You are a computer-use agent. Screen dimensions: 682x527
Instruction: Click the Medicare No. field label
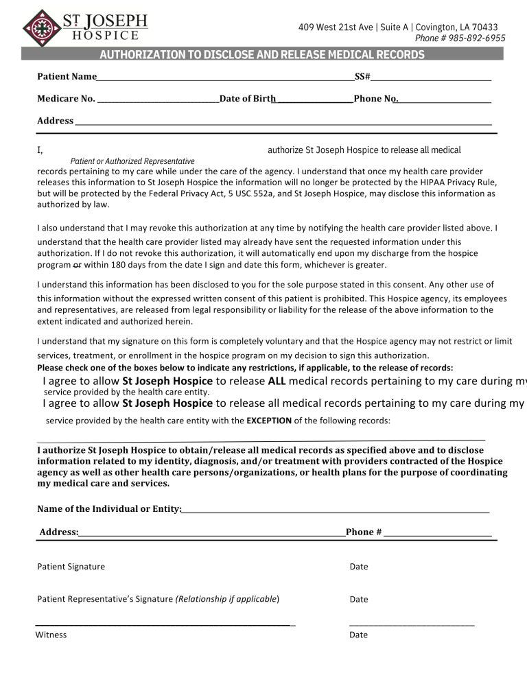click(66, 99)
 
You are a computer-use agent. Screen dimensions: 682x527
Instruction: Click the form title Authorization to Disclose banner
click(263, 55)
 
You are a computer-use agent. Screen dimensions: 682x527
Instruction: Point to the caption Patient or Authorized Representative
click(132, 161)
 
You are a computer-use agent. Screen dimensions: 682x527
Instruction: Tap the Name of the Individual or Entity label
click(108, 508)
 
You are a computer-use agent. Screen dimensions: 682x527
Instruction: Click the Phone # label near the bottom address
click(364, 532)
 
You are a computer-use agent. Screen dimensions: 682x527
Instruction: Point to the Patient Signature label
click(71, 567)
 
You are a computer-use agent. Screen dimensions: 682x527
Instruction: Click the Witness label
click(51, 635)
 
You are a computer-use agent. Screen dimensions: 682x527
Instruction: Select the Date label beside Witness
click(358, 635)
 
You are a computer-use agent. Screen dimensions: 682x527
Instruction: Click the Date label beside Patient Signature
click(358, 567)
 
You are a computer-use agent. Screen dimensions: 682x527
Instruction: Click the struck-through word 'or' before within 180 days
click(76, 265)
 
